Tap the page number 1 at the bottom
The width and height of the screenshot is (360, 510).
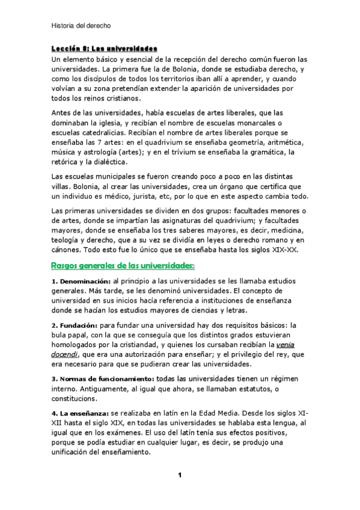(180, 475)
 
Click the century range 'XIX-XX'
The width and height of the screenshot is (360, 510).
(290, 250)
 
